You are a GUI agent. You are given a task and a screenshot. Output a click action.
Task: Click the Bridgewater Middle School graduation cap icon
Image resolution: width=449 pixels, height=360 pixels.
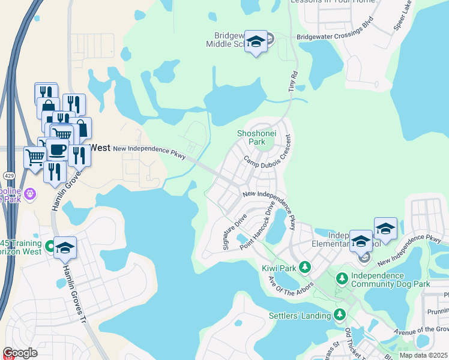(256, 41)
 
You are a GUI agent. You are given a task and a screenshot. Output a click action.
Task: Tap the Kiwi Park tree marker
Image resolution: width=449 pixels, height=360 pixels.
(304, 266)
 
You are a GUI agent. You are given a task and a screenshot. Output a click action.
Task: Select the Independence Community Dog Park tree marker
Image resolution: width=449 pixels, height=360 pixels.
(342, 278)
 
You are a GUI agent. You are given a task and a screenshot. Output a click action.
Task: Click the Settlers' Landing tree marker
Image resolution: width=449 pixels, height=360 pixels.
(340, 314)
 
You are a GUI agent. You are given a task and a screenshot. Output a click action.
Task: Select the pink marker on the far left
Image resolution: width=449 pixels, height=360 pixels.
(31, 194)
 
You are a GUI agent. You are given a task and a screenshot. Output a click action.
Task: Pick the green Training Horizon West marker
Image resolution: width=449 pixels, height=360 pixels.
(50, 245)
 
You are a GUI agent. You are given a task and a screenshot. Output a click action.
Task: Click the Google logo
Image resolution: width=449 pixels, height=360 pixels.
(20, 353)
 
